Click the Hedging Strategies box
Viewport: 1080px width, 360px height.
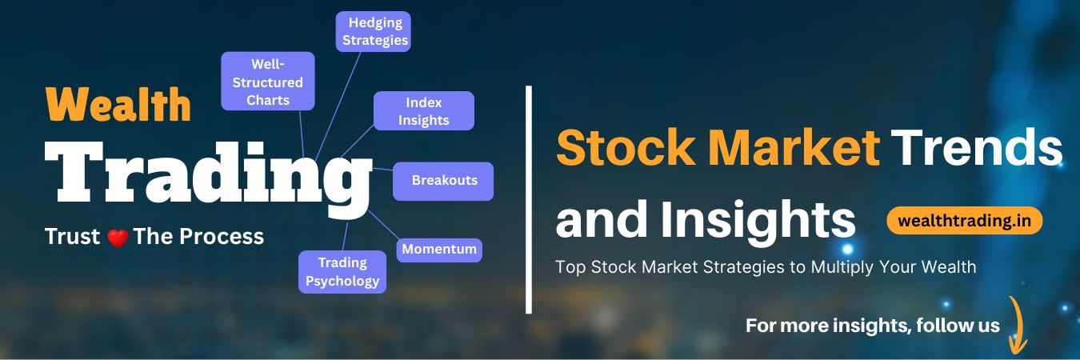(x=373, y=32)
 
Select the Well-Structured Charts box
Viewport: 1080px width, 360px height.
(x=268, y=81)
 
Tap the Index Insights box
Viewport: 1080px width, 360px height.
(x=424, y=111)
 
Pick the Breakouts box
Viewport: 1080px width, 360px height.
(x=443, y=181)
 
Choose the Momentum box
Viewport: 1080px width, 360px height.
(x=439, y=250)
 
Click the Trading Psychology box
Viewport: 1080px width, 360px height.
(x=342, y=272)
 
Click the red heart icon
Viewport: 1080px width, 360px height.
(x=118, y=238)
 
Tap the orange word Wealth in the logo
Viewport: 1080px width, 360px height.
(x=118, y=104)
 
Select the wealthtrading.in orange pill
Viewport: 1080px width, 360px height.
(x=965, y=220)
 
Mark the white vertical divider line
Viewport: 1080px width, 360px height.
(x=529, y=199)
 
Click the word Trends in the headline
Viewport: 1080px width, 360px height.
(x=976, y=149)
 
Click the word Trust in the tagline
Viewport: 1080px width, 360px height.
(x=73, y=237)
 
